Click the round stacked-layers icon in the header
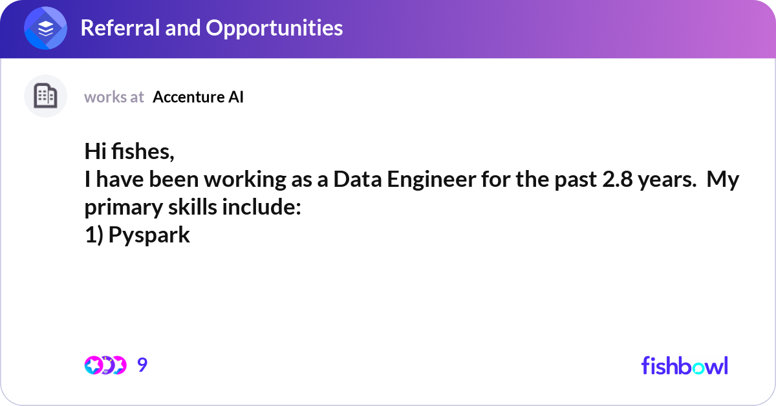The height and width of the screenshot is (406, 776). click(x=45, y=28)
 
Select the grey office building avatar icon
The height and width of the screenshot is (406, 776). click(x=45, y=96)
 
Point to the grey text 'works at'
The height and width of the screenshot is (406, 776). click(x=114, y=97)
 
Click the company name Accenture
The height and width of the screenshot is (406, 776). click(x=189, y=97)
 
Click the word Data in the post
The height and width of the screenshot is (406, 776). click(x=358, y=179)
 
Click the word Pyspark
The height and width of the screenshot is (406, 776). click(x=149, y=235)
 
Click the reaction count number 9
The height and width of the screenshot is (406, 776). click(x=142, y=365)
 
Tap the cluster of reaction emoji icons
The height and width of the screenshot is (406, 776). click(x=105, y=365)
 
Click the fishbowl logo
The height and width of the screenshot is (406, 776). click(x=685, y=365)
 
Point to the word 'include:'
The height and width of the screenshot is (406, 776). click(x=261, y=207)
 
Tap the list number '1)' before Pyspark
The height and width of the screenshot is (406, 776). click(x=94, y=235)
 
